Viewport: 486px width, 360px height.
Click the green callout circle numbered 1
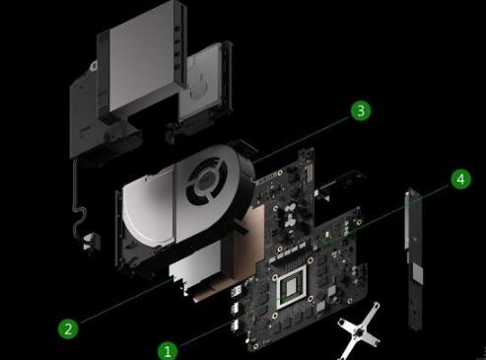[x=168, y=351]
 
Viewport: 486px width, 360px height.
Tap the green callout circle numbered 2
[x=68, y=328]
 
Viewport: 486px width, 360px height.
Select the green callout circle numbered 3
[x=361, y=110]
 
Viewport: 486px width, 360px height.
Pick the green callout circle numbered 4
[x=460, y=180]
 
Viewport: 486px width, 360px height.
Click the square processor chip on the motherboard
[x=291, y=287]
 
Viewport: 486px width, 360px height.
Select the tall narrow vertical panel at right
[x=414, y=258]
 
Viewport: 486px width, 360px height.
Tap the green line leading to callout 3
[x=301, y=139]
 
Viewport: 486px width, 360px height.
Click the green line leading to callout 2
[x=126, y=300]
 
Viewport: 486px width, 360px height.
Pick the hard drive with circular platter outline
[x=204, y=82]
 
